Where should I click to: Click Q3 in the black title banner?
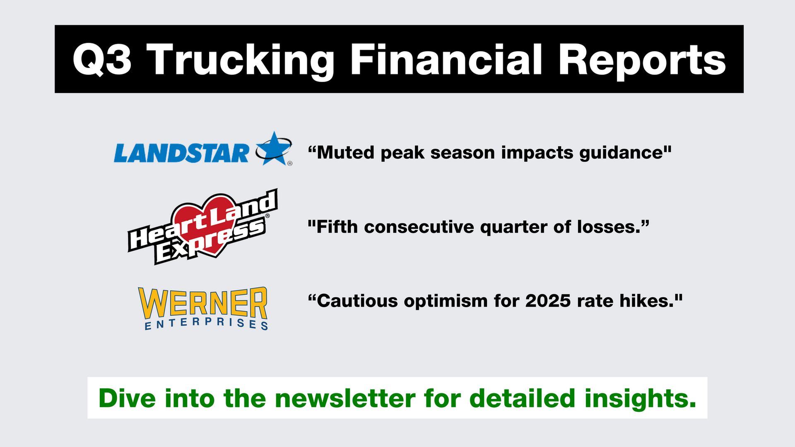[x=102, y=60]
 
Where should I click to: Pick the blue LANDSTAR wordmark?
[x=181, y=153]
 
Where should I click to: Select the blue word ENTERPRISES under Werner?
[x=206, y=324]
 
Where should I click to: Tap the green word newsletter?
[x=345, y=398]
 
